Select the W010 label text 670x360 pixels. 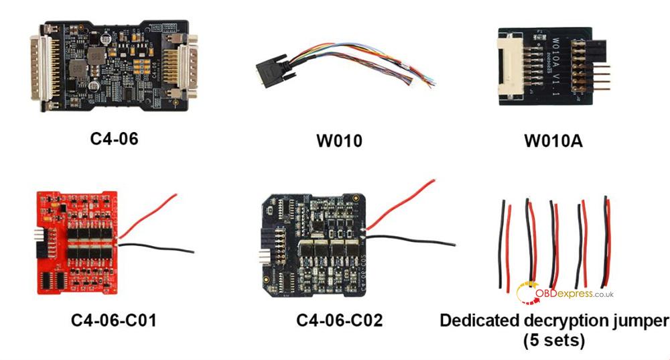coord(339,141)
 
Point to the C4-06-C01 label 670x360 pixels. coord(113,320)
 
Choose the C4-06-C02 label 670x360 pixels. coord(339,320)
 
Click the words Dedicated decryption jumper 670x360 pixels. coord(553,320)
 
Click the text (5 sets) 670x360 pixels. coord(553,340)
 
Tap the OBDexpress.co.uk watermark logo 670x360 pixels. coord(565,293)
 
